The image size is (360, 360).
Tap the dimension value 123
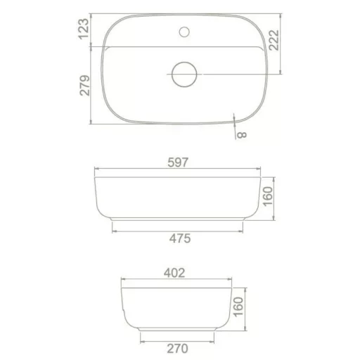(84, 29)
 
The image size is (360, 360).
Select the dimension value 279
(84, 85)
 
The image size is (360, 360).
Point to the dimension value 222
(274, 40)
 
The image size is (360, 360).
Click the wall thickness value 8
(242, 135)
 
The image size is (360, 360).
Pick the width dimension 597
(178, 162)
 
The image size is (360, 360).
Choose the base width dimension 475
(180, 238)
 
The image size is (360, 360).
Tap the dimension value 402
(174, 273)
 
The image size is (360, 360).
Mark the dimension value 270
(177, 349)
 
